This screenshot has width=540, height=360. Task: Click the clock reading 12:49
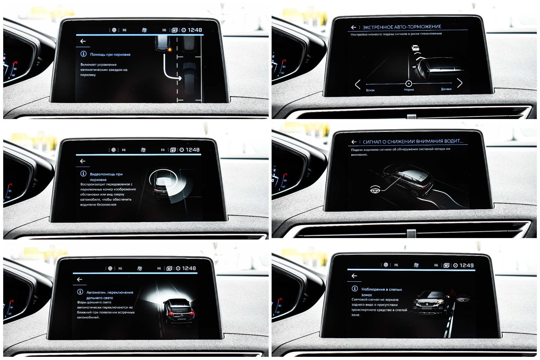point(467,265)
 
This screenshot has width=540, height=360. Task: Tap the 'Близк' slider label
point(370,90)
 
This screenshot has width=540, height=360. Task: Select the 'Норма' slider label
point(409,90)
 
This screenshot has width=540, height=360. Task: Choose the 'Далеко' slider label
point(446,89)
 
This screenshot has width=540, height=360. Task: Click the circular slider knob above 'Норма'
point(409,84)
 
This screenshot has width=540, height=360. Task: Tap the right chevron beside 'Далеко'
point(460,83)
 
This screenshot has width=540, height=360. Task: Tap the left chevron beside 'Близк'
point(358,84)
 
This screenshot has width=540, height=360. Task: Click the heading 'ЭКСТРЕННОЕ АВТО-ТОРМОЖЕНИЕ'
point(402,27)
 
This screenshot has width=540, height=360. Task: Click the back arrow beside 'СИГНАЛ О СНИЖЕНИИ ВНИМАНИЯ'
point(354,142)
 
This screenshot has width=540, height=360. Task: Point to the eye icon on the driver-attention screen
point(375,189)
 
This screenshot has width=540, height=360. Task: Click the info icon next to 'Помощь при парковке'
point(84,54)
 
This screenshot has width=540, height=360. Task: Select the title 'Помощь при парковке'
point(110,54)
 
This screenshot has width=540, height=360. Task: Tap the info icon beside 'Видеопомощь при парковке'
point(83,173)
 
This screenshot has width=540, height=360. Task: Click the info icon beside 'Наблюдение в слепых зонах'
point(355,288)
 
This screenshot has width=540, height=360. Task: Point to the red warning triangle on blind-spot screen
point(452,292)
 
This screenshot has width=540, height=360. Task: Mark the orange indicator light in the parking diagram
point(169,49)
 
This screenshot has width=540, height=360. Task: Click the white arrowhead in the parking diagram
point(180,78)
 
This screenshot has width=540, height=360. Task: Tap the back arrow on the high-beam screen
point(79,279)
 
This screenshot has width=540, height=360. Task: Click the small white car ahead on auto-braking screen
point(415,47)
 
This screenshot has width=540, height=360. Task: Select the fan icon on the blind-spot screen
point(416,265)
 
